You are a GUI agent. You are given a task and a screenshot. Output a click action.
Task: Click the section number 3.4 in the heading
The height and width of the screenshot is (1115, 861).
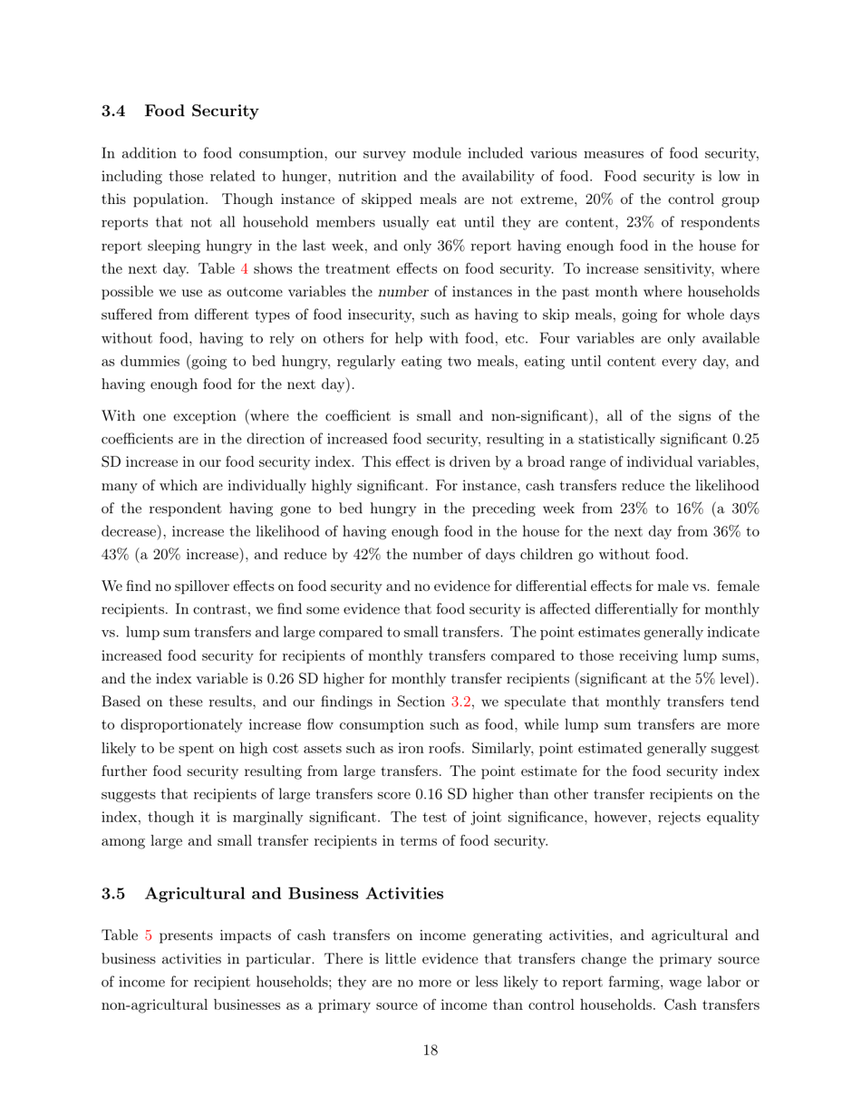[113, 111]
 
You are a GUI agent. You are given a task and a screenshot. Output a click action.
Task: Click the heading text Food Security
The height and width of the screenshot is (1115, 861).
[201, 111]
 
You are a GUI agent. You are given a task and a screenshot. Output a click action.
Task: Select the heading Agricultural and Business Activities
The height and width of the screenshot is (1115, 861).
[294, 894]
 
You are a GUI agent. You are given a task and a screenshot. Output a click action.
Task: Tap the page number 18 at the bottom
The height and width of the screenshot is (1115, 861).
[430, 1051]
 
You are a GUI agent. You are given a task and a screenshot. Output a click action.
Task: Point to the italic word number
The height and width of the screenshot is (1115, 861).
[403, 292]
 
